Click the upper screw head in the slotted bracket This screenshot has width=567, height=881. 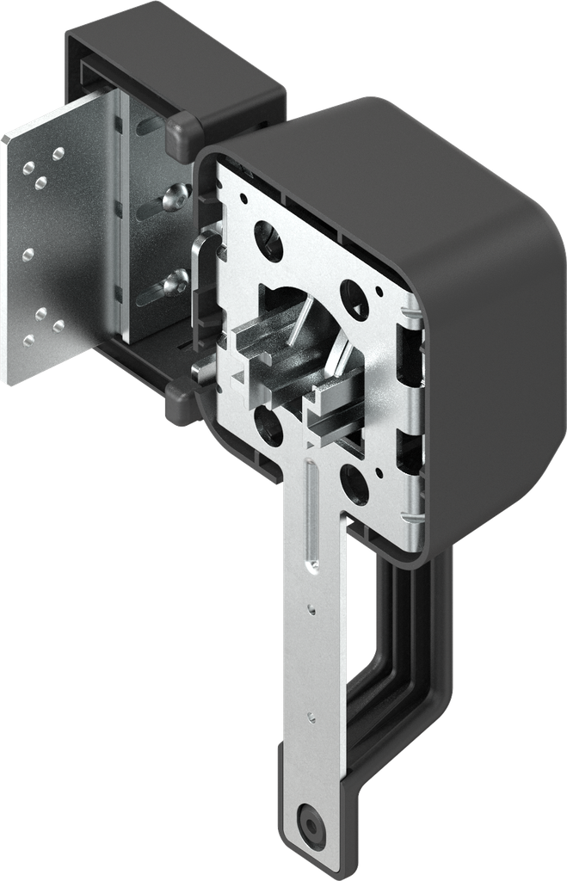pos(178,196)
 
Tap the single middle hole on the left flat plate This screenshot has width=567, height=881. pos(28,254)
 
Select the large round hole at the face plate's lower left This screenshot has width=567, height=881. pos(268,424)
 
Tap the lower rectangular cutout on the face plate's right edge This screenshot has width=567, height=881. pos(409,452)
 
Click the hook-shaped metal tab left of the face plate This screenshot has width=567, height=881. pos(203,250)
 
